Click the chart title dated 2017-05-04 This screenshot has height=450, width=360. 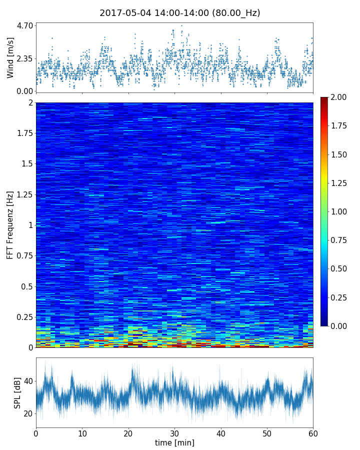[x=180, y=13]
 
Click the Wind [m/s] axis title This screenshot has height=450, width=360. [x=10, y=57]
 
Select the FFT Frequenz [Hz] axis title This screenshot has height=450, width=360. [x=10, y=224]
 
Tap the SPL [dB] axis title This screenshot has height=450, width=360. [x=17, y=392]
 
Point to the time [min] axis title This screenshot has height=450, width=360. [x=174, y=442]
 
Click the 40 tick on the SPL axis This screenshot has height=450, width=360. [x=28, y=381]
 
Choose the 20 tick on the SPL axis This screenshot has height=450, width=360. [x=28, y=413]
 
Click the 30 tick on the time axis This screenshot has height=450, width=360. [x=174, y=433]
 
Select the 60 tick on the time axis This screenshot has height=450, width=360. [x=313, y=433]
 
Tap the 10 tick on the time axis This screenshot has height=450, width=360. [x=82, y=433]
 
